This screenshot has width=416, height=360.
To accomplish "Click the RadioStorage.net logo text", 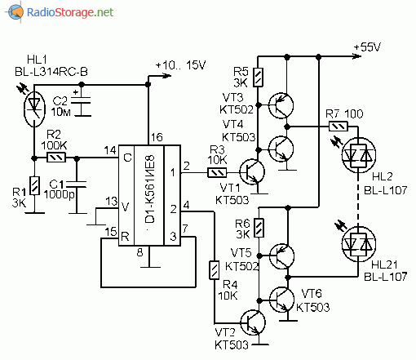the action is click(70, 12).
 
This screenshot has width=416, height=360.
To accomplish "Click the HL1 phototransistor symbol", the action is click(34, 109).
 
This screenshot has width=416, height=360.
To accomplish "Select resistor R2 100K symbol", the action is click(56, 158).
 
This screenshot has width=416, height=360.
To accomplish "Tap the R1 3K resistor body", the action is click(34, 185).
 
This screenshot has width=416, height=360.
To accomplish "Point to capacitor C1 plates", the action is click(77, 184).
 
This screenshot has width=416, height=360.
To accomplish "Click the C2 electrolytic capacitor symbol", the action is click(81, 104).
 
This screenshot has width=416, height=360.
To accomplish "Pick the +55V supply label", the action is click(367, 47).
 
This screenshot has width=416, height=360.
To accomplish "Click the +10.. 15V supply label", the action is click(180, 65).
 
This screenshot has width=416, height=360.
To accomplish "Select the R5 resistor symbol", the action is click(258, 78).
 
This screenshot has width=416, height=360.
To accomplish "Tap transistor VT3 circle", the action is click(281, 105).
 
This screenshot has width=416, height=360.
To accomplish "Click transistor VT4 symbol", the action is click(281, 149).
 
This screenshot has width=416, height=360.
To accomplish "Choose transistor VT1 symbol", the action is click(252, 172).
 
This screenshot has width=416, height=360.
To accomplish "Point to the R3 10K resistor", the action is click(217, 172).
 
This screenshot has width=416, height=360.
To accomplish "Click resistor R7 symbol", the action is click(339, 127).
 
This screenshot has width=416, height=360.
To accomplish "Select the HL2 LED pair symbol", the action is click(358, 155).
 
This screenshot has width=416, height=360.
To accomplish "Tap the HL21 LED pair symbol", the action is click(358, 244).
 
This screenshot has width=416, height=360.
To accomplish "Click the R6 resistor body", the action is click(259, 228).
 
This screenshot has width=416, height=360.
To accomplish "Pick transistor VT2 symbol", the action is click(253, 322).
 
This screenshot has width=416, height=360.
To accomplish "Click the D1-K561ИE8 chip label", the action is click(150, 189).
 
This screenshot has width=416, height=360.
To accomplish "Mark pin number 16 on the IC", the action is click(157, 137).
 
